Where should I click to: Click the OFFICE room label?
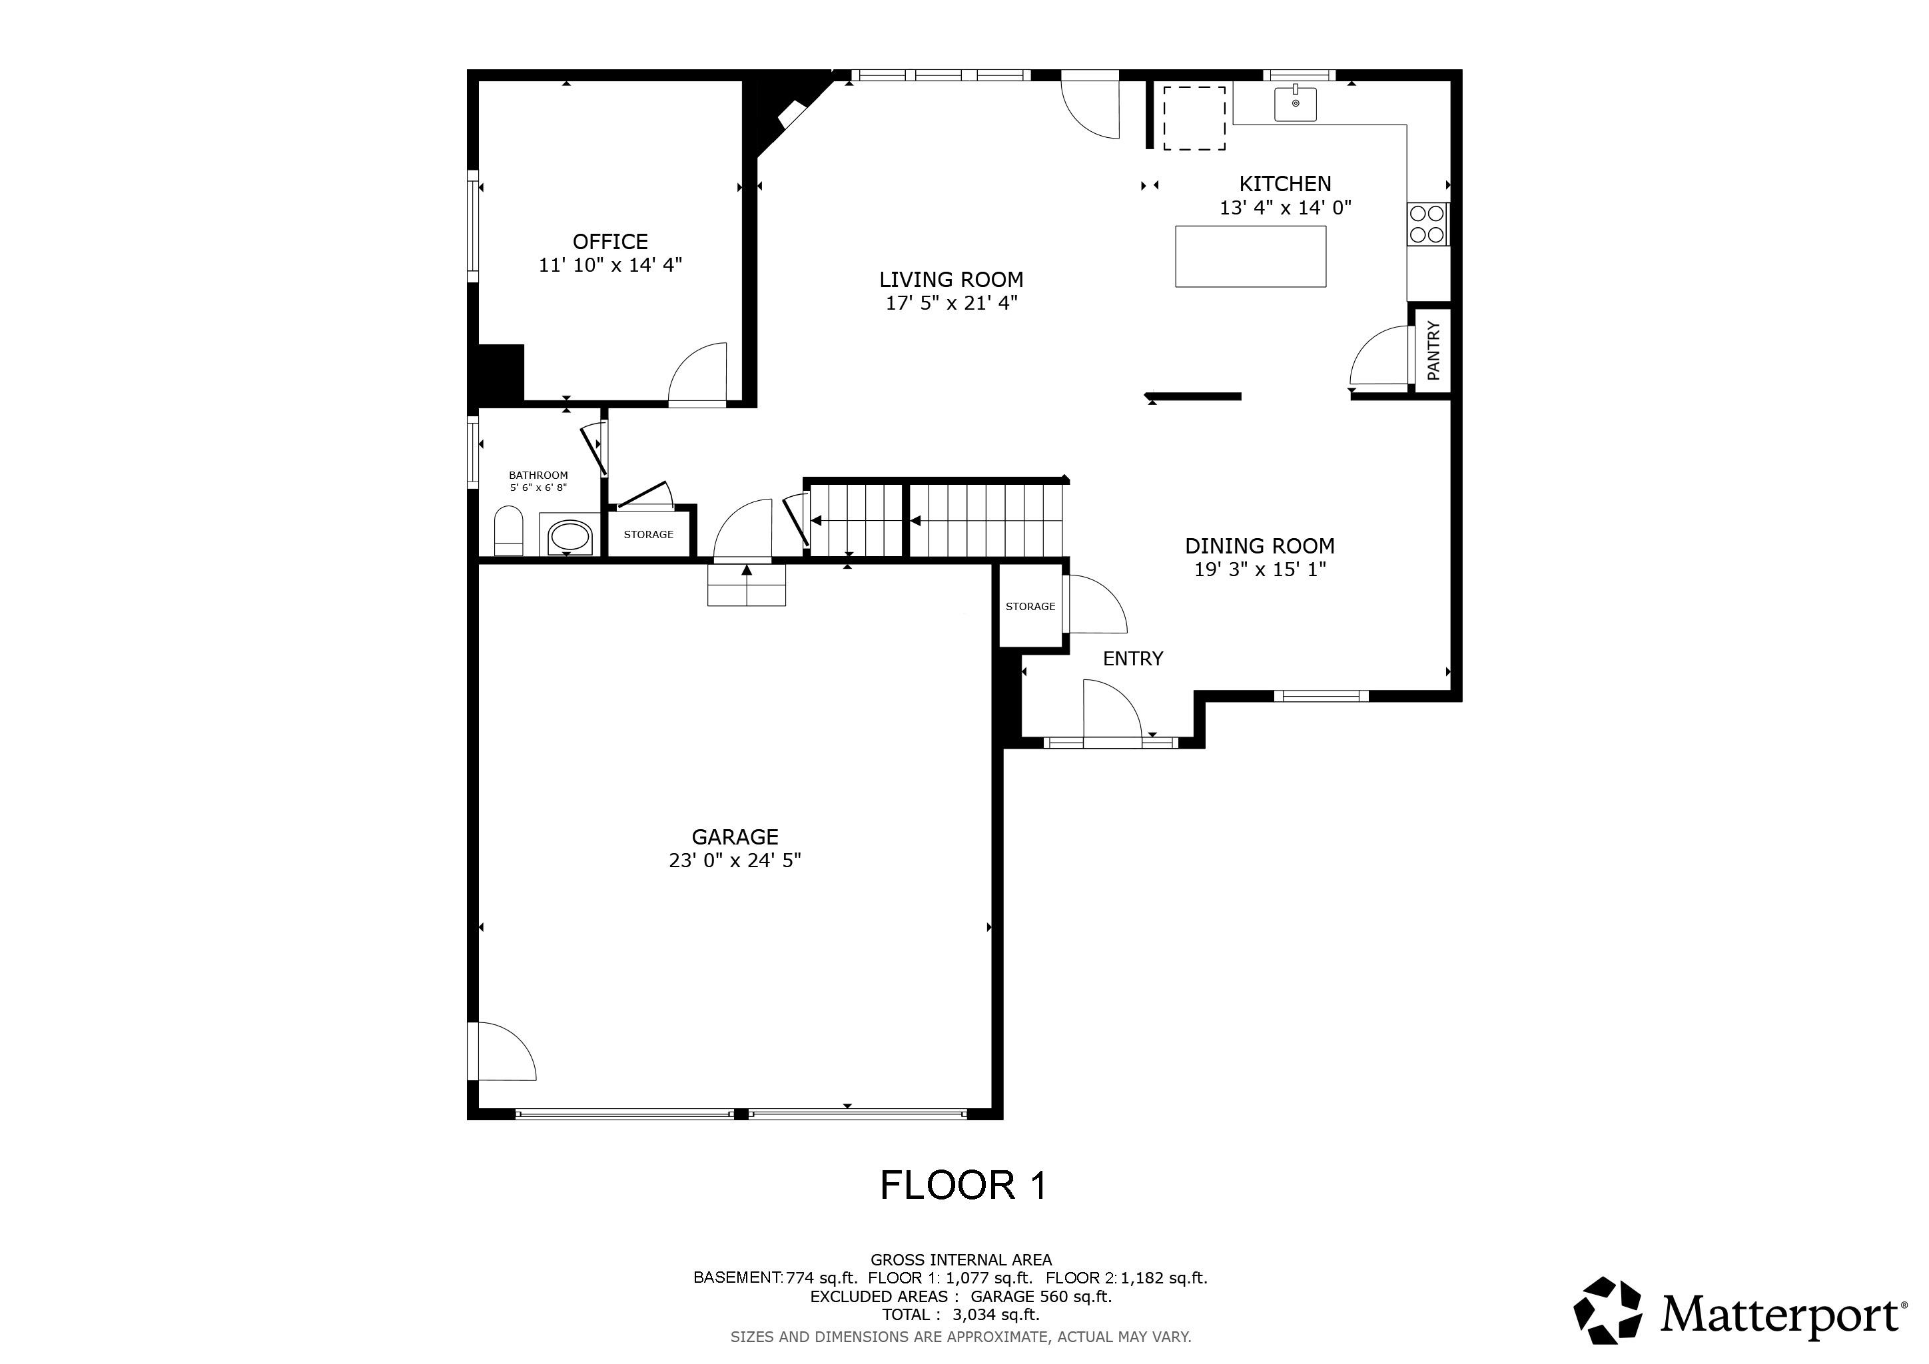[610, 242]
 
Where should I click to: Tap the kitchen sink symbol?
[1295, 103]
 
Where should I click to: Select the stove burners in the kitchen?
[1427, 224]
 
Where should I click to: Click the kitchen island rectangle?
[1250, 256]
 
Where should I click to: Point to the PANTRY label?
[1433, 350]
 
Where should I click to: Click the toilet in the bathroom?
[508, 530]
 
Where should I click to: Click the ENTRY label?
[1132, 659]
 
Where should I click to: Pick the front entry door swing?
[1110, 711]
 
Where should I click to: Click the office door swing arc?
[697, 374]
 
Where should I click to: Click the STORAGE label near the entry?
[1030, 607]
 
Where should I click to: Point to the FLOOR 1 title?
[964, 1185]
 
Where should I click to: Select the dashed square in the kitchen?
[1193, 119]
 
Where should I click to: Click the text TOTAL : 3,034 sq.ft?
[961, 1315]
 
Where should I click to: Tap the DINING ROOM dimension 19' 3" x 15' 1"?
[1260, 569]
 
